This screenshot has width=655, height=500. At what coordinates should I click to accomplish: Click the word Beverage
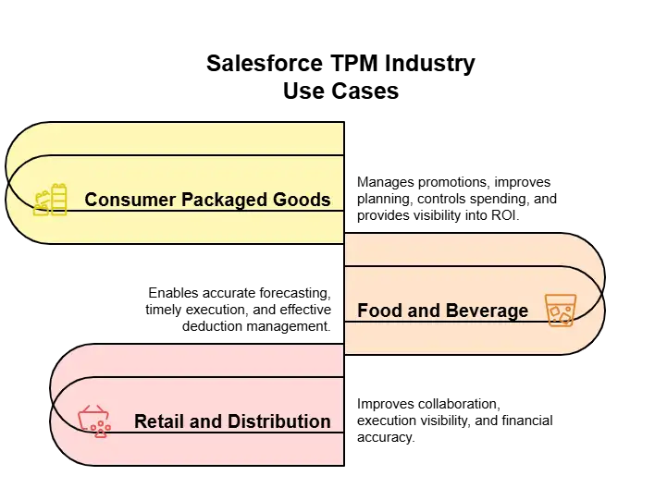point(486,311)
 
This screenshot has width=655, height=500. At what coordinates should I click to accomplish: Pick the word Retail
point(158,421)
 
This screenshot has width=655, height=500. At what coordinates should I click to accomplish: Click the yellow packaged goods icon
point(50,200)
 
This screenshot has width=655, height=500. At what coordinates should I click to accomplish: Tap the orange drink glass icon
point(559,311)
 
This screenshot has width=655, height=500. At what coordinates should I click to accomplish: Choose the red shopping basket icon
point(94,421)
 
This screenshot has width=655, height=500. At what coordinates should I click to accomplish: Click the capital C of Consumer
point(92,200)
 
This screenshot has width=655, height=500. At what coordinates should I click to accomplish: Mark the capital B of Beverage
point(450,311)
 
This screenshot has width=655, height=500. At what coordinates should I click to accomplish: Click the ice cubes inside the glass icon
point(560,315)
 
